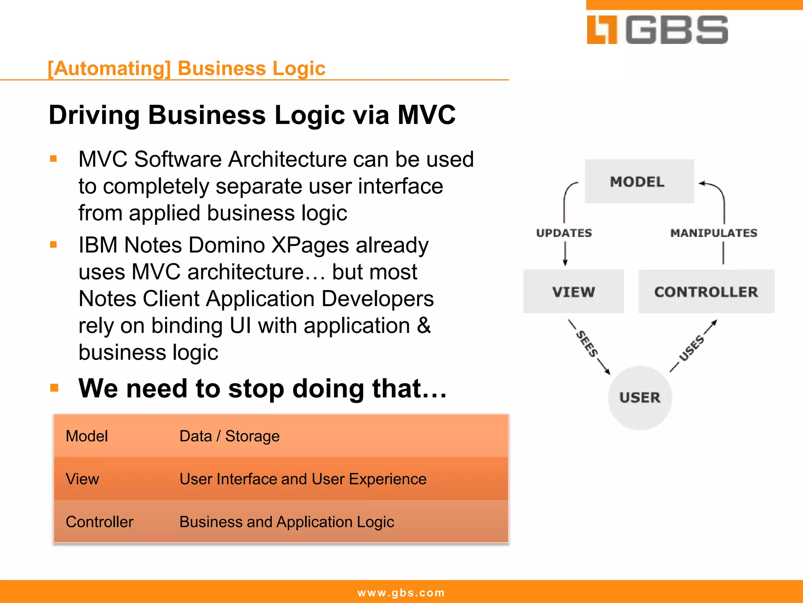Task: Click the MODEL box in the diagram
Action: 639,181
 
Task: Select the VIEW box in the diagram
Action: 573,292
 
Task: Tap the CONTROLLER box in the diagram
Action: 706,292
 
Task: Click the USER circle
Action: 639,397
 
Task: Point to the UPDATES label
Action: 564,233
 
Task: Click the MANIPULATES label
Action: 714,233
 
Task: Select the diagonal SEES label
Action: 587,344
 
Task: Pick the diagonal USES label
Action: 692,347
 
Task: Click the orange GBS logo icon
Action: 602,30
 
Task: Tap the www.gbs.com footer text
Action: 401,592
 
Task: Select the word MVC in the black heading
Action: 427,115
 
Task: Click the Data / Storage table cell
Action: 229,436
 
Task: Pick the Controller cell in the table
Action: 100,522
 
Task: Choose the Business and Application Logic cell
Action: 287,522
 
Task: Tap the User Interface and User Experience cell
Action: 303,479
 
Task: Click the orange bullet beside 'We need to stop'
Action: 54,388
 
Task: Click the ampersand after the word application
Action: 423,325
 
